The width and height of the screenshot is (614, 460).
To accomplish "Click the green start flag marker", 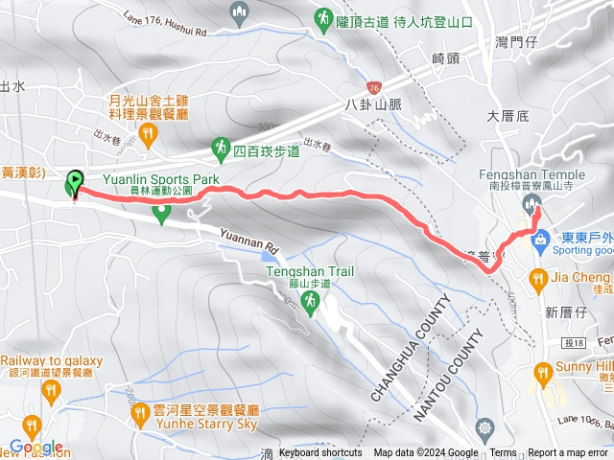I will (75, 182).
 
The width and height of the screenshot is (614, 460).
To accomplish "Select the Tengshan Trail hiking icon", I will (310, 304).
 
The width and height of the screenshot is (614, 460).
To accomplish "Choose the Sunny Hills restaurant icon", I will (543, 371).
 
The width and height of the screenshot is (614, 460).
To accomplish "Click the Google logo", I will (35, 447).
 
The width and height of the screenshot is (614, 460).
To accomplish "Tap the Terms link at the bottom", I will (503, 453).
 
